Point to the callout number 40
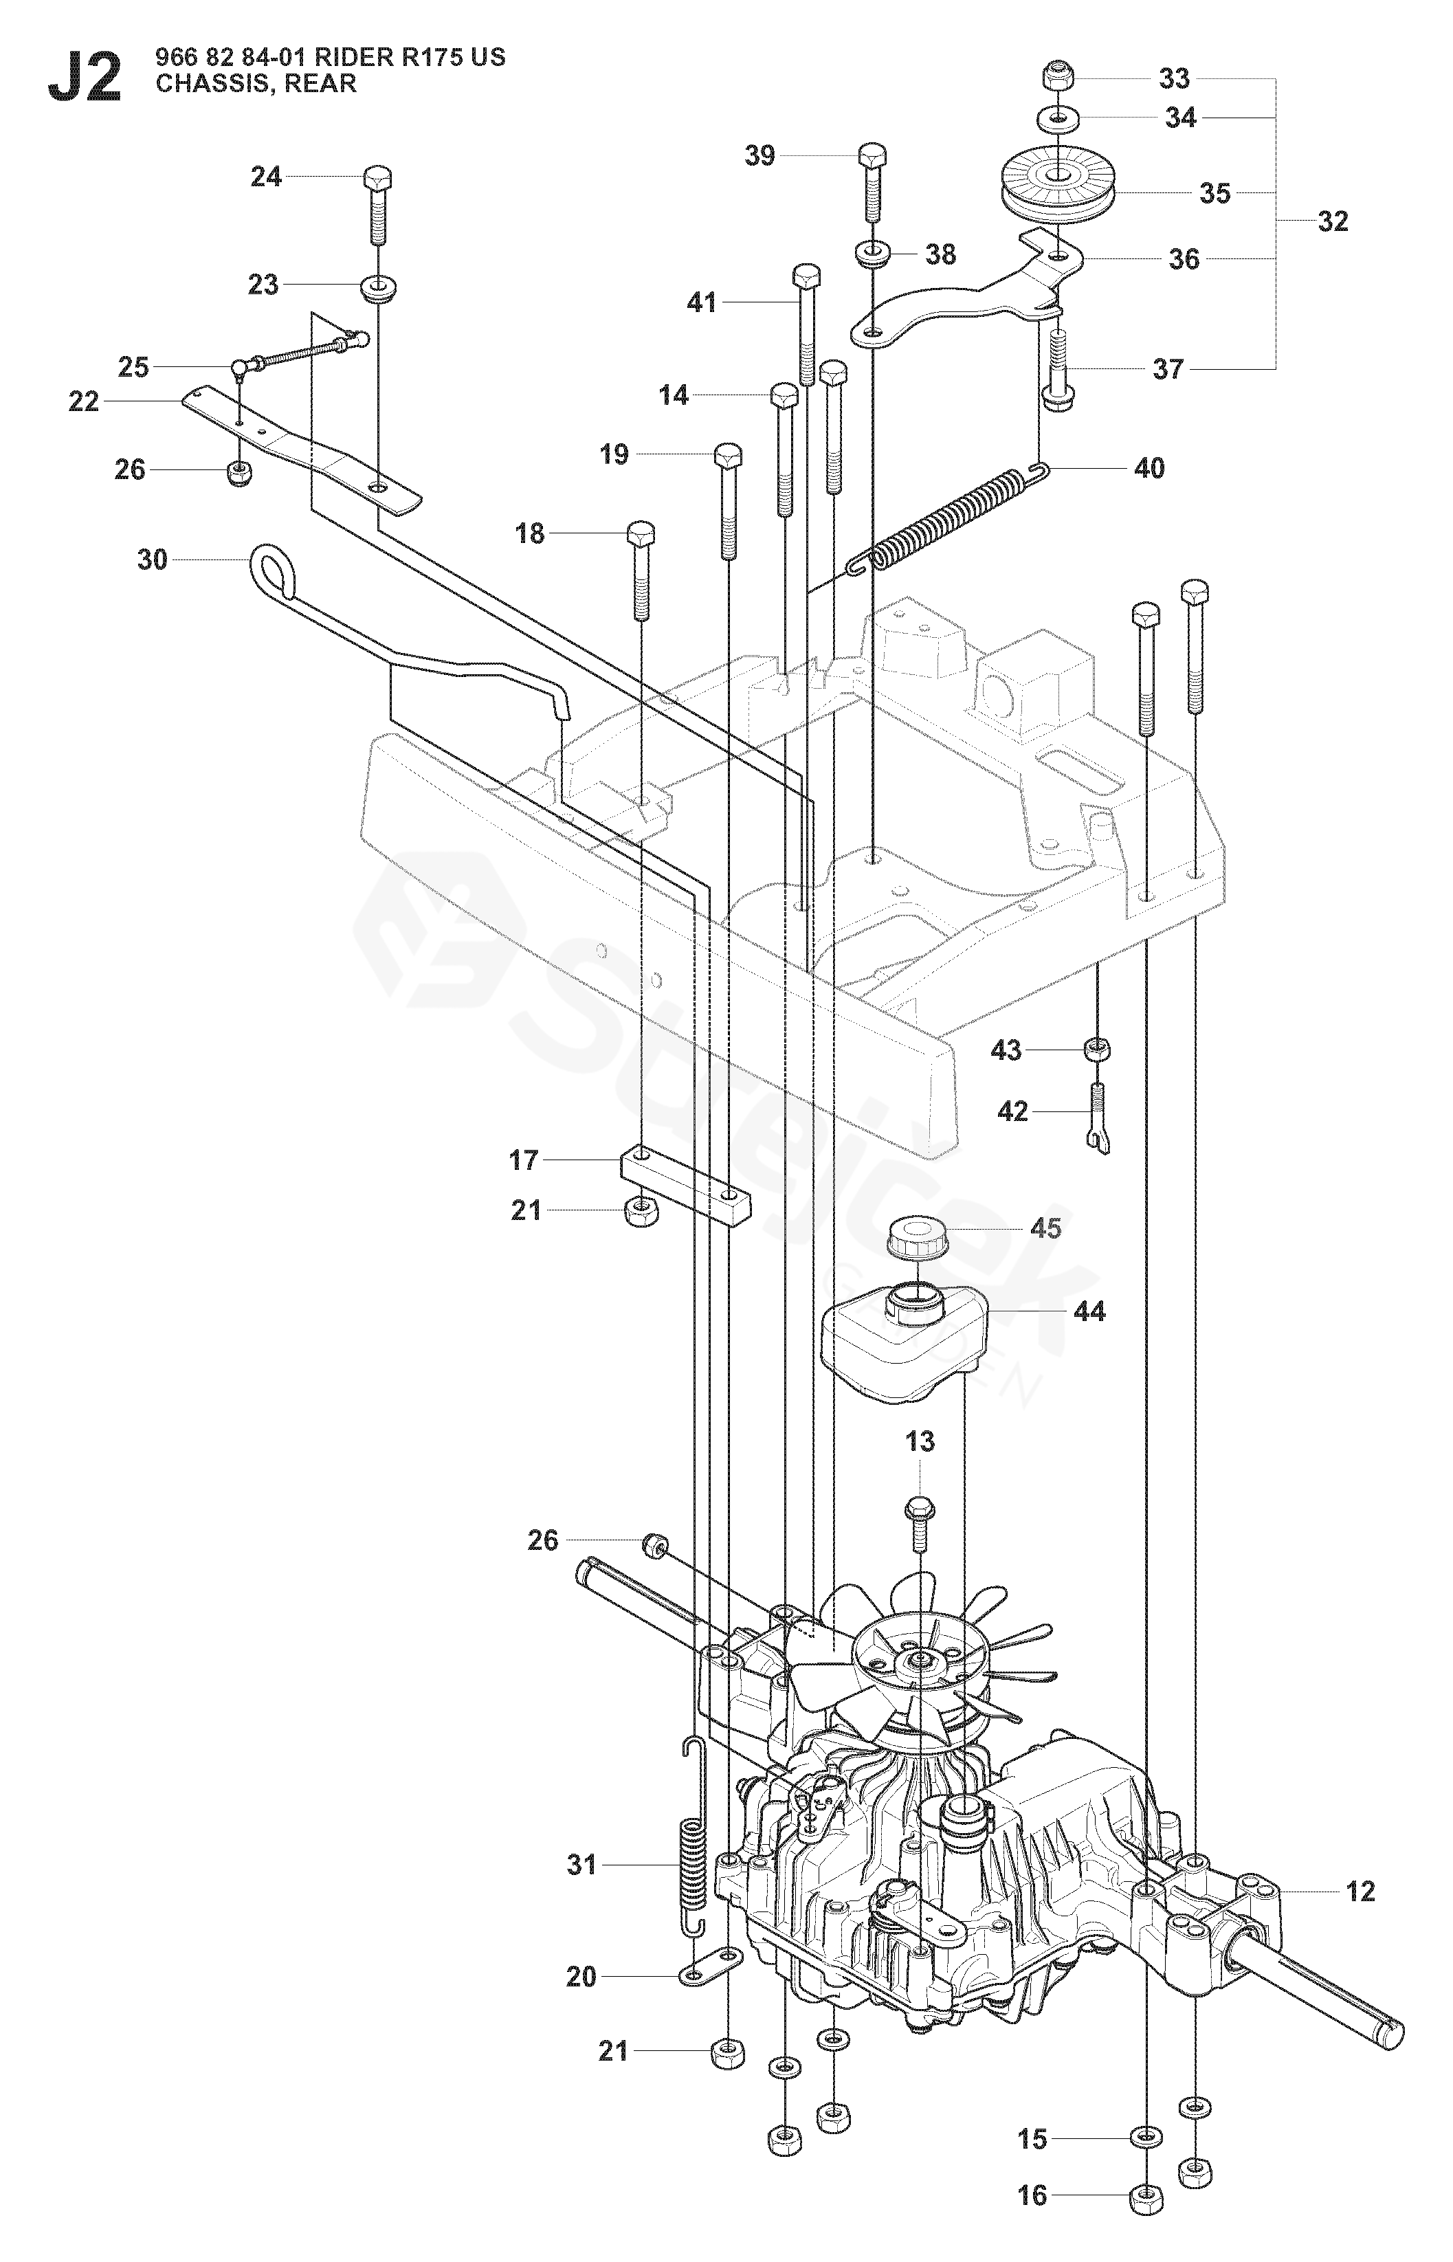(x=1149, y=468)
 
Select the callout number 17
(x=524, y=1160)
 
